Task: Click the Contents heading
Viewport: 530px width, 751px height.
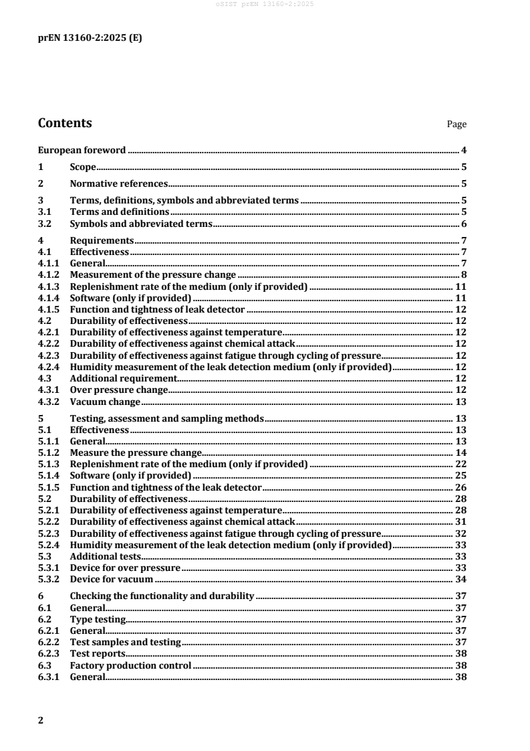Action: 65,123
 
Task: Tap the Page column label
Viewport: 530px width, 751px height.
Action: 456,124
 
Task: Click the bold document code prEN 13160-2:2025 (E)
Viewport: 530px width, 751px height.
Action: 90,38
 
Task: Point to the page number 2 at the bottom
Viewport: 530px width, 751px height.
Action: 41,720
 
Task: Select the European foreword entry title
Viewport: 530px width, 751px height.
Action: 81,151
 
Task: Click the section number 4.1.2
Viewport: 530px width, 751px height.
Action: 48,274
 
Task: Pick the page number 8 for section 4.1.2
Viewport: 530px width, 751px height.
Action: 463,274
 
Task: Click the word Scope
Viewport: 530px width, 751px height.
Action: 83,167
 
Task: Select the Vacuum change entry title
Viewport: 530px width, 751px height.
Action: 105,402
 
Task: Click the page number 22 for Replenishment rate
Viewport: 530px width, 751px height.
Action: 460,464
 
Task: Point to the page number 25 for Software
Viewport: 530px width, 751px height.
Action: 460,475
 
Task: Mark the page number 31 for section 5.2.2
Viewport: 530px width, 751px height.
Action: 460,521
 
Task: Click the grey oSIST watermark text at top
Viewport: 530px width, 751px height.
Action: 265,5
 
